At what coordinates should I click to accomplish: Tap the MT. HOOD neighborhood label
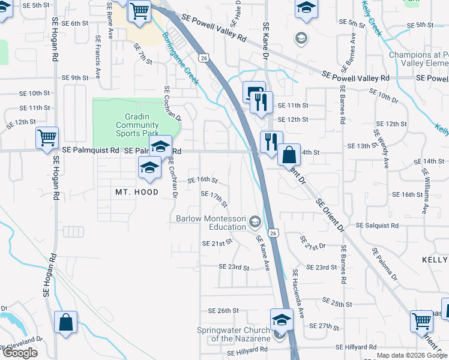point(137,192)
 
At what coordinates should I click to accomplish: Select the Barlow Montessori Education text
point(211,223)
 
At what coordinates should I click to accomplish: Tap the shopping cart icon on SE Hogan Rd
point(47,138)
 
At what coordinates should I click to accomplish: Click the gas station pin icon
point(253,92)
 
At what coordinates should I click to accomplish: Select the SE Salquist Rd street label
point(377,226)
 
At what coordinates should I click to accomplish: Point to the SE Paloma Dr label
point(384,265)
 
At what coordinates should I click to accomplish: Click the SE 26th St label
point(223,311)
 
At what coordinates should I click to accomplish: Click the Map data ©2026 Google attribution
point(412,355)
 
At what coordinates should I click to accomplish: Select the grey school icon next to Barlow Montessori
point(256,223)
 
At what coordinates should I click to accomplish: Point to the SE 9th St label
point(75,77)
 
